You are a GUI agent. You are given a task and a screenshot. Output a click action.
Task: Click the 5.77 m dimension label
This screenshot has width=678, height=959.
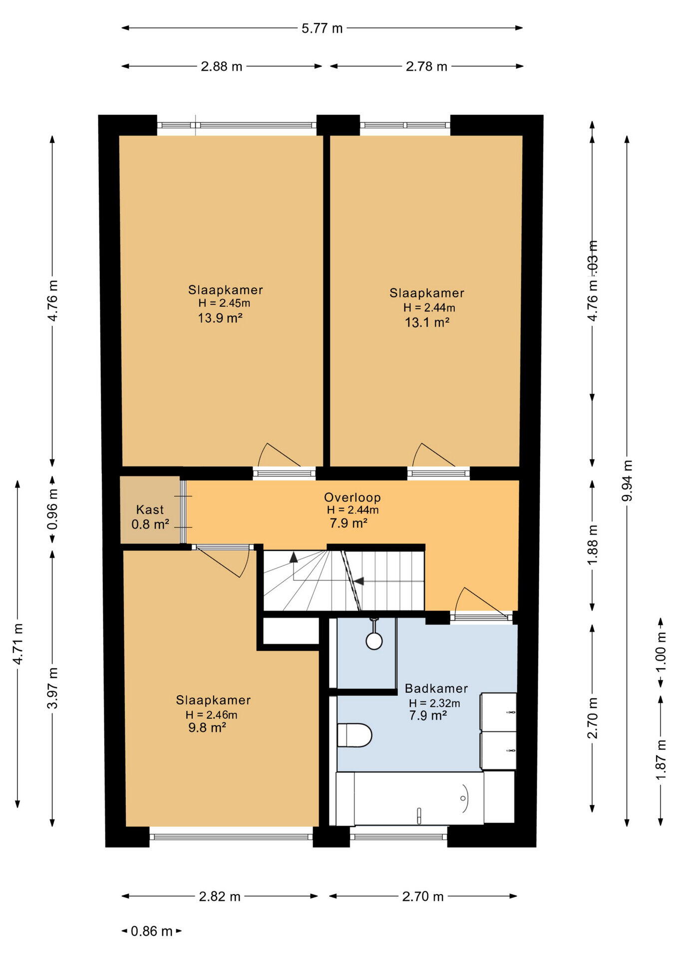322,28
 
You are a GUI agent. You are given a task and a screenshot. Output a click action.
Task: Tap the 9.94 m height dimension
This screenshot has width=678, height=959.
628,480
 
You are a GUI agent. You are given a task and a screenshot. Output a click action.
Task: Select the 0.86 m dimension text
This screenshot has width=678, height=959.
152,931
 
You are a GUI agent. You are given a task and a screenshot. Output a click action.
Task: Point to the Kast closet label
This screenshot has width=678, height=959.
150,509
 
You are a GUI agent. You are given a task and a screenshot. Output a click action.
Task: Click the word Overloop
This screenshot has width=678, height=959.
352,497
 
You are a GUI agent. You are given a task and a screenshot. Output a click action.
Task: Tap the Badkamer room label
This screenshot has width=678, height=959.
436,688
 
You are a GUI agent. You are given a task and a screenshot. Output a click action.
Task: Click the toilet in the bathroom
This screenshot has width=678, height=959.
354,735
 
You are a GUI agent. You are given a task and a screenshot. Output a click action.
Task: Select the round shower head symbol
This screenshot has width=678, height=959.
374,641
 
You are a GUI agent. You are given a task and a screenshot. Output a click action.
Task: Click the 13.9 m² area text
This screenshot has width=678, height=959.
220,318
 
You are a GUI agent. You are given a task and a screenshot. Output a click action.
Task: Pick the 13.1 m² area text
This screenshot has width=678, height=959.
427,322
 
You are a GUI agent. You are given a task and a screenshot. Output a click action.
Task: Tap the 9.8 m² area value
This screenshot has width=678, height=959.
207,727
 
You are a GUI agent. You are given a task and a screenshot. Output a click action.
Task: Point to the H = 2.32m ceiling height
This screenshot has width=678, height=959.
434,703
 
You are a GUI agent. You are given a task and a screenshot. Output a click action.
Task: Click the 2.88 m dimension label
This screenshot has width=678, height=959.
222,66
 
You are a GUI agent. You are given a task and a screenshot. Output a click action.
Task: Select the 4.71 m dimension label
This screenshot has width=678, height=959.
17,644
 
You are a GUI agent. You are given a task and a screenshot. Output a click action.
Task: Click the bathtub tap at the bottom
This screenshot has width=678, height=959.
419,816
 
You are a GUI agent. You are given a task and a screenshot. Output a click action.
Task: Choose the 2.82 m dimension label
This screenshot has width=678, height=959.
220,897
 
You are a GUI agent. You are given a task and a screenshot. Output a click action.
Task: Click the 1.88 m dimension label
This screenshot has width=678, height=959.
593,545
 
